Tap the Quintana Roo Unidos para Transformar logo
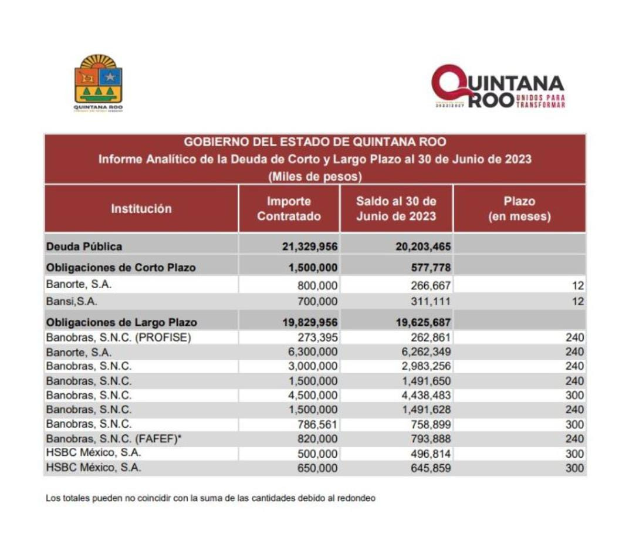pyautogui.click(x=498, y=86)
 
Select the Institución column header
pyautogui.click(x=141, y=209)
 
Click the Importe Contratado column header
pyautogui.click(x=289, y=209)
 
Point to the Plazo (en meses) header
pyautogui.click(x=519, y=209)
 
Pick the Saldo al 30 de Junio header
pyautogui.click(x=396, y=209)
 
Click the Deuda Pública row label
pyautogui.click(x=84, y=246)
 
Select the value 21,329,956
pyautogui.click(x=310, y=246)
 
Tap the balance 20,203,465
pyautogui.click(x=422, y=246)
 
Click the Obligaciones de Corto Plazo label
pyautogui.click(x=121, y=268)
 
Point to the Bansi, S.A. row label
pyautogui.click(x=72, y=302)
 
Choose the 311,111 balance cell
pyautogui.click(x=431, y=302)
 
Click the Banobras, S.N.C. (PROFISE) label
pyautogui.click(x=119, y=337)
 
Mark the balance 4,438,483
pyautogui.click(x=427, y=395)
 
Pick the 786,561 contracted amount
pyautogui.click(x=318, y=424)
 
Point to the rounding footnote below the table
pyautogui.click(x=211, y=498)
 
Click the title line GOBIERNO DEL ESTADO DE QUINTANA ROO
pyautogui.click(x=314, y=142)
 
